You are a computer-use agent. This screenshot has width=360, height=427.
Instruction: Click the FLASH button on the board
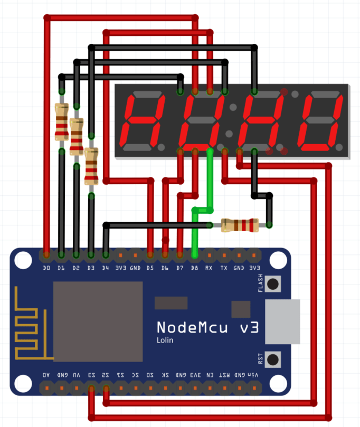click(x=273, y=284)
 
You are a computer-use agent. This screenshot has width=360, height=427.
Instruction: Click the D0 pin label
click(x=46, y=268)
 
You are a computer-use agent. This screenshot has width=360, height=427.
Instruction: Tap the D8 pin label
click(x=194, y=268)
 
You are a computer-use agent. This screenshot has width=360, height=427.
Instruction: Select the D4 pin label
click(x=106, y=268)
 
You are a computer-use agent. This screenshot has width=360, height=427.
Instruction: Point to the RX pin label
click(x=209, y=268)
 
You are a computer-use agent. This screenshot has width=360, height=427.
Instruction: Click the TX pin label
click(x=224, y=268)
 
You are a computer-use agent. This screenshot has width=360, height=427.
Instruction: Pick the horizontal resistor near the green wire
click(x=240, y=225)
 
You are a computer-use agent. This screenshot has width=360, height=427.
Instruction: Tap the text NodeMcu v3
click(x=207, y=328)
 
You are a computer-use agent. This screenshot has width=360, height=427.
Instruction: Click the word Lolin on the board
click(x=165, y=340)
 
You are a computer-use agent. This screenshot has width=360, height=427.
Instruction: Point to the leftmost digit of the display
click(x=141, y=121)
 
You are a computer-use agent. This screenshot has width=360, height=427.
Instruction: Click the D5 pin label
click(x=150, y=268)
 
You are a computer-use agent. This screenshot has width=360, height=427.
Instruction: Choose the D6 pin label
click(x=165, y=268)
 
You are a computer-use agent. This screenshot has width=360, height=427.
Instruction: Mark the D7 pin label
click(x=179, y=268)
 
